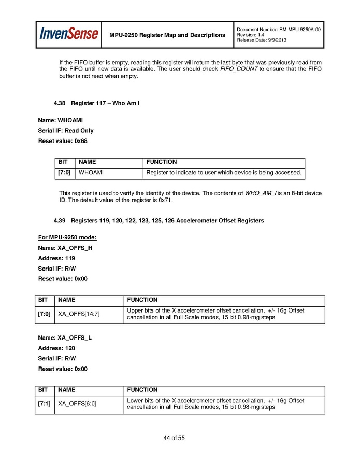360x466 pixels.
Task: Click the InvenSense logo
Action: pyautogui.click(x=69, y=34)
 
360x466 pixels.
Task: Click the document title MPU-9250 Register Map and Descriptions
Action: pyautogui.click(x=167, y=35)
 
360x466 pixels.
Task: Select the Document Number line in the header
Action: pyautogui.click(x=278, y=30)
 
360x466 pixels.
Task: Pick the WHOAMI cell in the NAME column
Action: pyautogui.click(x=91, y=173)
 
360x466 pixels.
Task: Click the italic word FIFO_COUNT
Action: pyautogui.click(x=239, y=69)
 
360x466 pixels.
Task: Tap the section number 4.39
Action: pyautogui.click(x=60, y=221)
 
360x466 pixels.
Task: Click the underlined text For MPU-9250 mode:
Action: pyautogui.click(x=67, y=238)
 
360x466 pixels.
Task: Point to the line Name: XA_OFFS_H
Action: pyautogui.click(x=65, y=248)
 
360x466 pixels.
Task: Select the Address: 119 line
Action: pyautogui.click(x=56, y=258)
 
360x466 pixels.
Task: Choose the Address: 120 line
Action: pyautogui.click(x=56, y=348)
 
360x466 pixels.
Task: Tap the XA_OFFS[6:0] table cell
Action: pyautogui.click(x=77, y=404)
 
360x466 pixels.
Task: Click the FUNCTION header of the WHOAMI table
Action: pyautogui.click(x=161, y=162)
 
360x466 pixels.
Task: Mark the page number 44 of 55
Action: pyautogui.click(x=174, y=439)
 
